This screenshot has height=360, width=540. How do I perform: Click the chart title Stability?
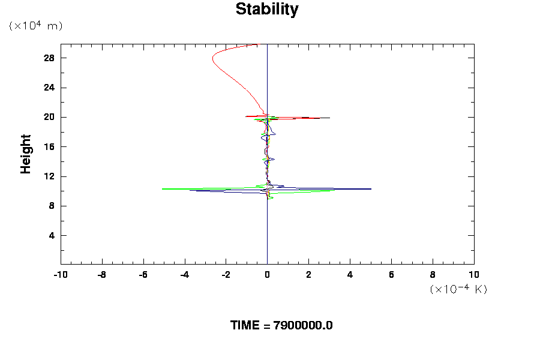[x=266, y=10]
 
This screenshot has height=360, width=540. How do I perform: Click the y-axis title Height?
[x=26, y=161]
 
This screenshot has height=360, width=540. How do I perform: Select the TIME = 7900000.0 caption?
[x=281, y=325]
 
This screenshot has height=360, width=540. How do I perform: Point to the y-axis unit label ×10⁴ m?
[x=35, y=26]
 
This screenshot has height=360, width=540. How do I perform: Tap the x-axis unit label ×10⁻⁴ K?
[x=458, y=289]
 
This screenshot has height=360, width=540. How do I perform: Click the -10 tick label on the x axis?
[x=60, y=275]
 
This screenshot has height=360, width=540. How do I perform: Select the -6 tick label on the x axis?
[x=143, y=275]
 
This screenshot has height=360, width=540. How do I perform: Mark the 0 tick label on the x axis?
[x=267, y=275]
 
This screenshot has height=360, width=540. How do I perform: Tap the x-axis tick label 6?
[x=391, y=275]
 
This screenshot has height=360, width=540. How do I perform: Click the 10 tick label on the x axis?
[x=474, y=275]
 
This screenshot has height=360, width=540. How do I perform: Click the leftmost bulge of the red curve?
[x=212, y=59]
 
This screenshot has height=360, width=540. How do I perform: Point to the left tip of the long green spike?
[x=163, y=188]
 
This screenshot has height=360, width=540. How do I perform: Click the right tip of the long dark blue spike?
[x=371, y=189]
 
